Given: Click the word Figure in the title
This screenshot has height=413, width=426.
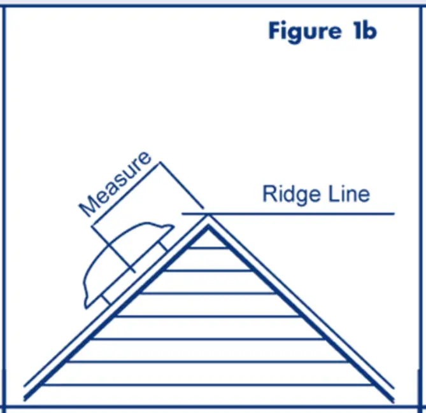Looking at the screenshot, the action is coord(302,32).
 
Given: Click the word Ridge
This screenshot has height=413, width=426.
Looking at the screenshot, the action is coord(287,193).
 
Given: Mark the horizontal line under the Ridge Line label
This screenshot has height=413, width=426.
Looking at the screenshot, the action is coord(299,214).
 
